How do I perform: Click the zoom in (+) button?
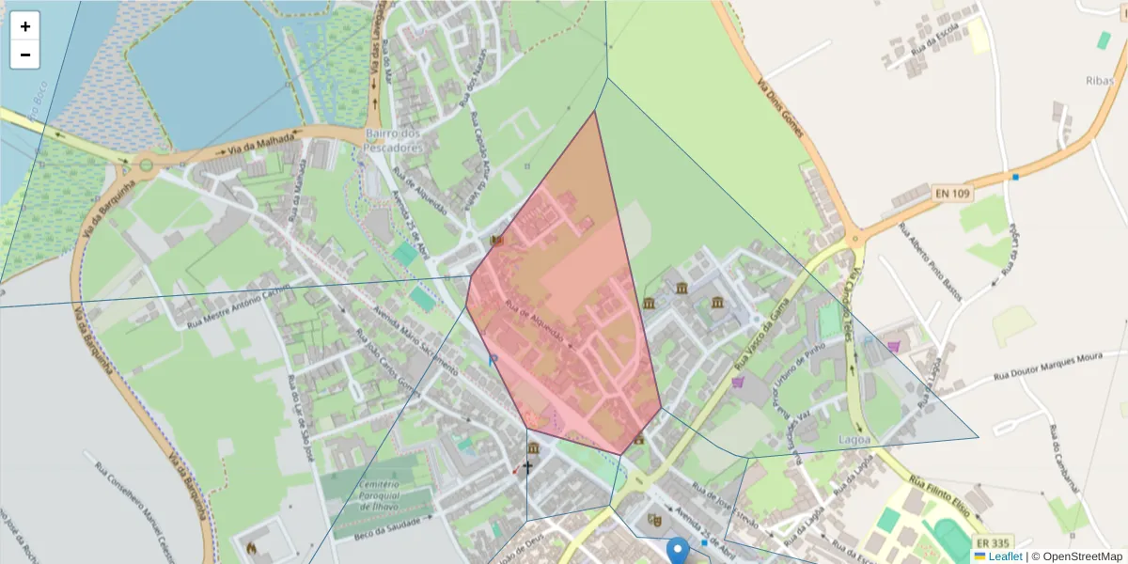pos(25,26)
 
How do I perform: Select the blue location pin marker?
pos(677,551)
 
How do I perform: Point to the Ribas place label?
pos(1099,81)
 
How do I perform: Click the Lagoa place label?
pos(854,439)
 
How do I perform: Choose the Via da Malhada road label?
pos(255,144)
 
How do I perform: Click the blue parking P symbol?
pos(492,360)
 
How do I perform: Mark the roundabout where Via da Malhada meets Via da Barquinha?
pos(146,165)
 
